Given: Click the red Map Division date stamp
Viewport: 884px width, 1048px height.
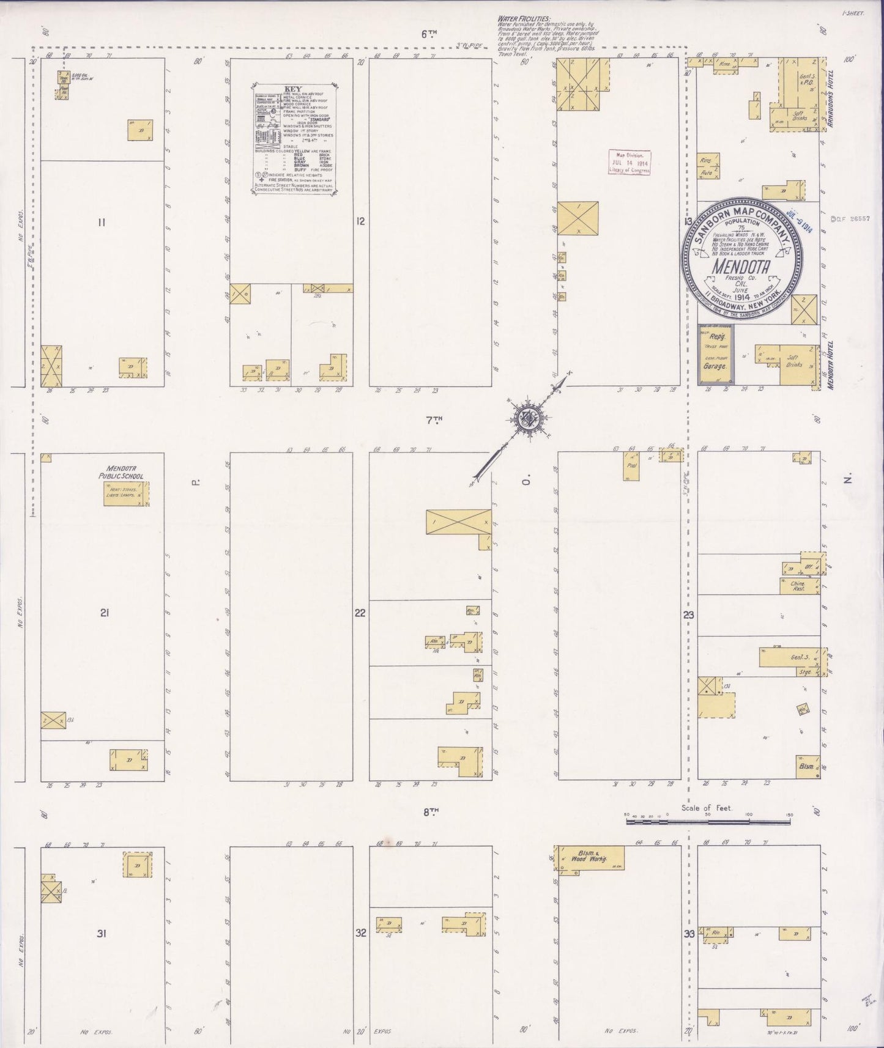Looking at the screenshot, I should [x=629, y=162].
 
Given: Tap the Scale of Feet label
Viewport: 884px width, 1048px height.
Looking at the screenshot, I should [x=707, y=808].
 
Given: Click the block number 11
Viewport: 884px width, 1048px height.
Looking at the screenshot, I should [x=102, y=222].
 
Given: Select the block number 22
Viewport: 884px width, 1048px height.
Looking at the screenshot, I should [x=360, y=613].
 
